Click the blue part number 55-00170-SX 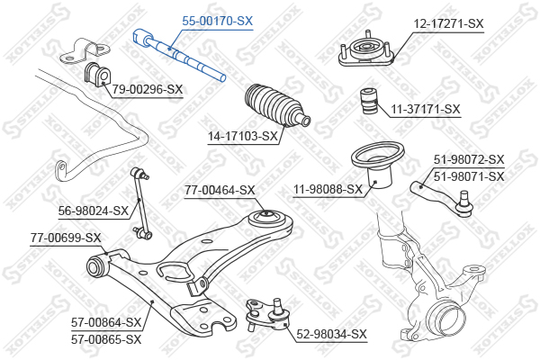click(x=217, y=21)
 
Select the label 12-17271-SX click(x=448, y=23)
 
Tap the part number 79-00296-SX click(x=148, y=90)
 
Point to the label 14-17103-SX click(x=242, y=137)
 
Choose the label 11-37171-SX click(x=426, y=109)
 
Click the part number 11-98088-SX click(x=328, y=189)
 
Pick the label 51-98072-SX click(x=469, y=159)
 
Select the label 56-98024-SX click(x=94, y=211)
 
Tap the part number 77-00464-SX click(x=220, y=190)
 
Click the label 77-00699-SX click(x=66, y=238)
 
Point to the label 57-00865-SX click(x=106, y=339)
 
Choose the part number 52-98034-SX click(x=331, y=334)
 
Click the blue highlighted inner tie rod click(x=179, y=55)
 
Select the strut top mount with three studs click(x=366, y=51)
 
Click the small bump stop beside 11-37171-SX click(x=369, y=102)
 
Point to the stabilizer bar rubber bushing click(x=97, y=74)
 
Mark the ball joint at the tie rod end click(x=463, y=205)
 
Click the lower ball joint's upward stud click(x=276, y=304)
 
